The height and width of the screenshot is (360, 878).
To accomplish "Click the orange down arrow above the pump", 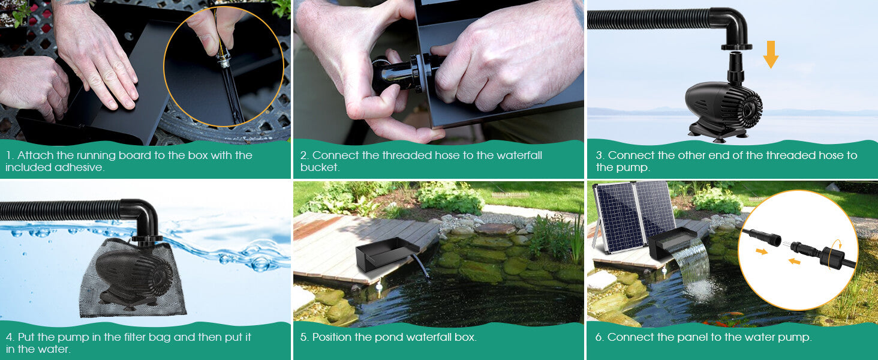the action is tap(771, 55).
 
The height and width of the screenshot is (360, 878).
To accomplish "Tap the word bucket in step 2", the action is tap(318, 167).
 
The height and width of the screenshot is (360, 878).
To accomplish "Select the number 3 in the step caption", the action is tap(599, 155).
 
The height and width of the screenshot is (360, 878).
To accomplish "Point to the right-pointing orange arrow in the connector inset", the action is tap(762, 251).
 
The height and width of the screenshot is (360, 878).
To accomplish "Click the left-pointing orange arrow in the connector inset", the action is tap(794, 261).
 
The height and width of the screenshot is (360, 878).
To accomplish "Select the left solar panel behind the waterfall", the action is tap(615, 218).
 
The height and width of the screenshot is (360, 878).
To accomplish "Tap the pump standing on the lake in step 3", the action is tap(724, 106).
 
